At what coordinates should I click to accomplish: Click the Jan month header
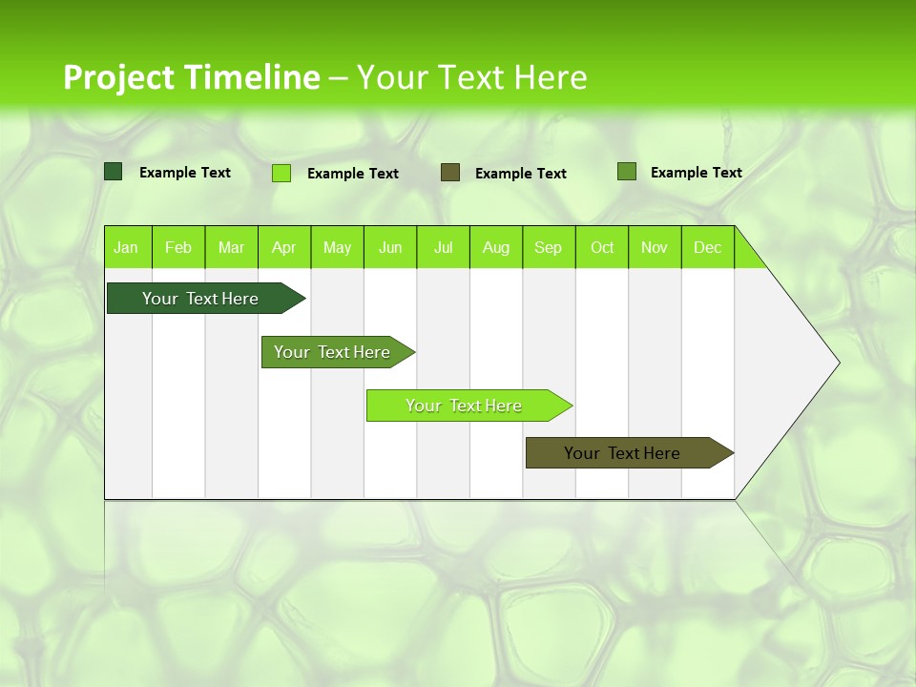pos(126,247)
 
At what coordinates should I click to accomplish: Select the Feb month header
pos(178,247)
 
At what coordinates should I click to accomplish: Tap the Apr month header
pos(283,247)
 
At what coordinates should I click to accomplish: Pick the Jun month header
pos(390,247)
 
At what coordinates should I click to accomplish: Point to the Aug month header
pos(496,247)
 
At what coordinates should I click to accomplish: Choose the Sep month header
pos(549,247)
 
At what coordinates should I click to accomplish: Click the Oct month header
pos(602,247)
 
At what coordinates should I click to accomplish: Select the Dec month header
pos(708,247)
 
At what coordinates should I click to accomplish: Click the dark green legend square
pos(114,172)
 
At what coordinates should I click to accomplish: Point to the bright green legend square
pos(281,173)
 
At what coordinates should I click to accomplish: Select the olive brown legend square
pos(450,172)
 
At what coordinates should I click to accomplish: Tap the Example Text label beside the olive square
pos(521,173)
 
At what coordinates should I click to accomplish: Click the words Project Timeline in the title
pos(192,77)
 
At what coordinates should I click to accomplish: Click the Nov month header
pos(655,247)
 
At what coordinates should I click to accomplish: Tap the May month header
pos(337,247)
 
